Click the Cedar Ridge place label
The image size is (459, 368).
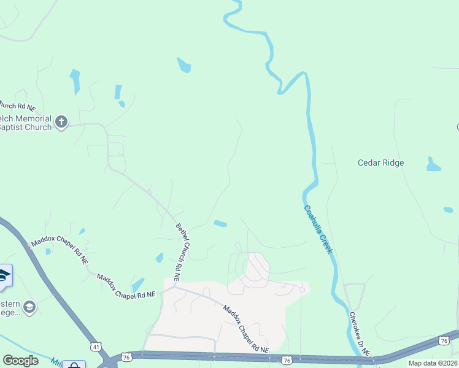click(381, 163)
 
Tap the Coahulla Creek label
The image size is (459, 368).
click(318, 229)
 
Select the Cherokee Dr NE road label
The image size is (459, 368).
click(359, 334)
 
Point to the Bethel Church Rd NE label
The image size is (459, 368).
click(182, 251)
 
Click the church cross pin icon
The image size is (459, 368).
click(61, 122)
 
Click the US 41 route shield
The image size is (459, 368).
click(95, 347)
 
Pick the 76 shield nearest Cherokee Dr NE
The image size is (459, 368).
click(444, 340)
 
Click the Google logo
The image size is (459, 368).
click(21, 361)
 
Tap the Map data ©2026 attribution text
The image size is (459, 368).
click(433, 363)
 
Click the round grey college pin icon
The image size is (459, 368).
click(29, 306)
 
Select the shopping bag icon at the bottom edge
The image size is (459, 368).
click(74, 366)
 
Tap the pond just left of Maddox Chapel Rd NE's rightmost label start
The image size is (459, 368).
click(137, 285)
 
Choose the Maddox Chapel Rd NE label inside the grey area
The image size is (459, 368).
click(245, 329)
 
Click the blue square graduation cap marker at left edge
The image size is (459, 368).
click(4, 275)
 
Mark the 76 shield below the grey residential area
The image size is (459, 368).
click(286, 360)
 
